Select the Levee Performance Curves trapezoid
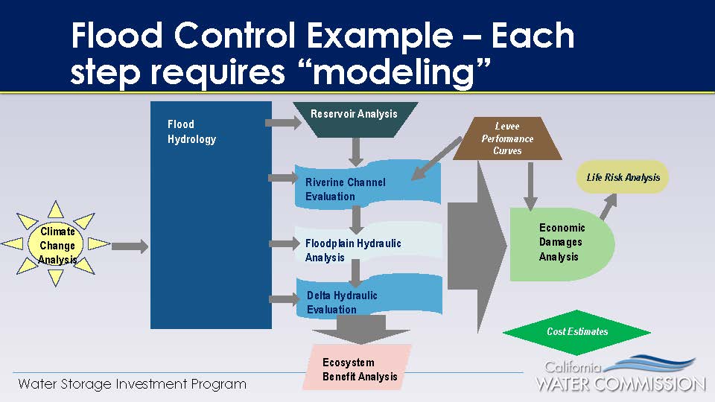click(x=507, y=138)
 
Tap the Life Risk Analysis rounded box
click(x=623, y=178)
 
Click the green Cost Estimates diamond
click(x=576, y=332)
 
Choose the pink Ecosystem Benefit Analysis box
click(x=358, y=368)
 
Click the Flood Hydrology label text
click(x=191, y=132)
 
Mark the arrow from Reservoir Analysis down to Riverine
click(x=356, y=151)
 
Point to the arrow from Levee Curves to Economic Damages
click(x=530, y=186)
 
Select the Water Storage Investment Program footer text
click(x=132, y=385)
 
